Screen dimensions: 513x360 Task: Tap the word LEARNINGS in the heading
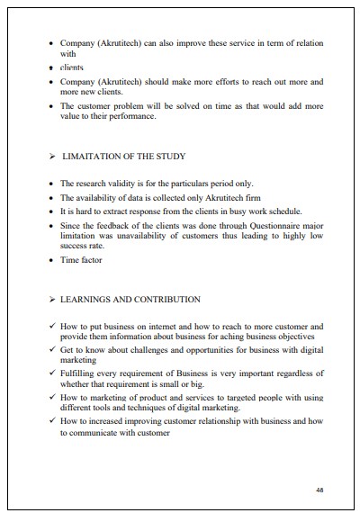pyautogui.click(x=88, y=299)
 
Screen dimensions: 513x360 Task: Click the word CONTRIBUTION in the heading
pyautogui.click(x=167, y=299)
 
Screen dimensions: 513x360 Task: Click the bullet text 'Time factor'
pyautogui.click(x=81, y=261)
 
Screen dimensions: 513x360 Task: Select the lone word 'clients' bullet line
pyautogui.click(x=72, y=67)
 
